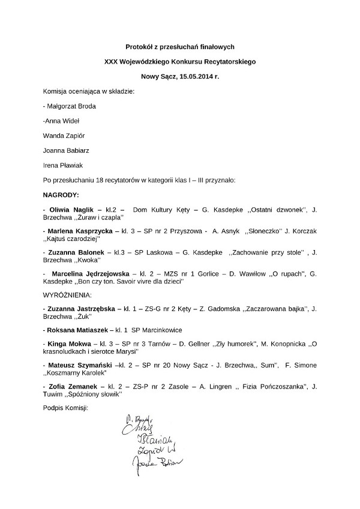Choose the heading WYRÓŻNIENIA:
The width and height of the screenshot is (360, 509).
(x=67, y=296)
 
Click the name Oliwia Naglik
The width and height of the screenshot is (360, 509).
(x=71, y=209)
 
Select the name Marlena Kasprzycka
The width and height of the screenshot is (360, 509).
(x=79, y=231)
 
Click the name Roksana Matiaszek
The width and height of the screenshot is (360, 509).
(x=77, y=330)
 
